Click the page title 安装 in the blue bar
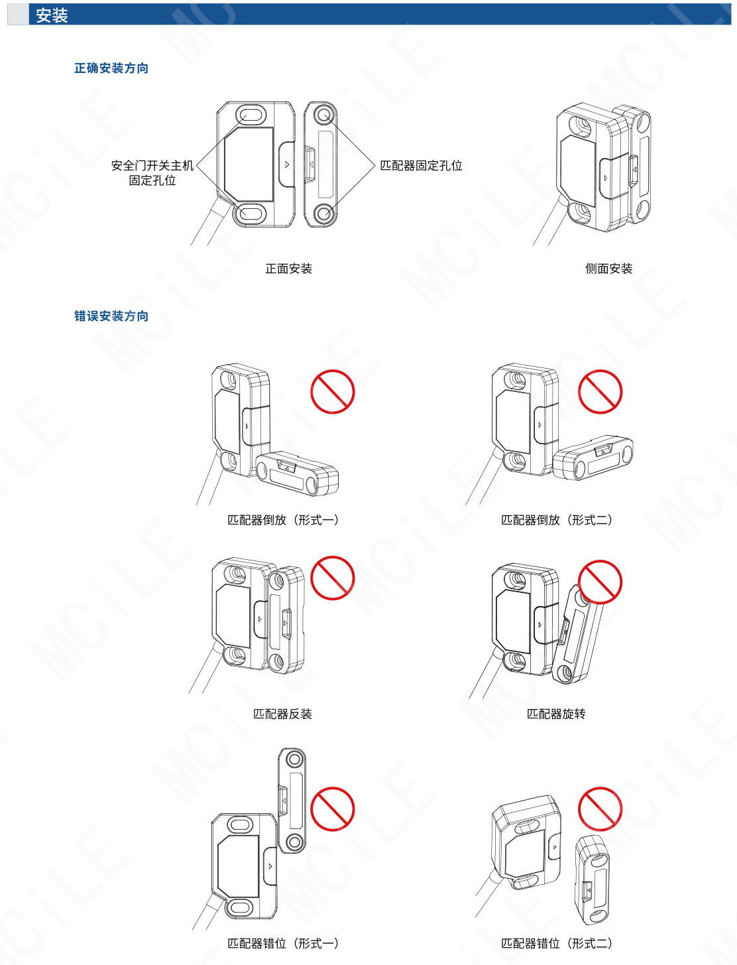(x=52, y=15)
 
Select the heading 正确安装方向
(x=111, y=68)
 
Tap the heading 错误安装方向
(x=111, y=316)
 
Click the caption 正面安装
(x=288, y=269)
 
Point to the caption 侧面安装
(x=608, y=269)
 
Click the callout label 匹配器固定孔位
(x=422, y=166)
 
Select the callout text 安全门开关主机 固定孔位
(x=152, y=173)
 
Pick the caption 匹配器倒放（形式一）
(x=283, y=520)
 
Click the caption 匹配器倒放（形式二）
(x=557, y=520)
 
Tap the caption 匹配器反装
(x=283, y=714)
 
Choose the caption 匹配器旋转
(x=557, y=714)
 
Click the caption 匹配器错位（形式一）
(x=283, y=943)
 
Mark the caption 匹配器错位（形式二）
(x=557, y=943)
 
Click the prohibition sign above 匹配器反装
(x=333, y=578)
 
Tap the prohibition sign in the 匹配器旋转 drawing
(x=600, y=582)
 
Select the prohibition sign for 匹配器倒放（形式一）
(x=333, y=392)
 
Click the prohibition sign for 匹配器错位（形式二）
(x=600, y=809)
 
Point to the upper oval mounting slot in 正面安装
(x=251, y=115)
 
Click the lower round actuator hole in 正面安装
(x=325, y=214)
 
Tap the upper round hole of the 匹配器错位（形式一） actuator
(x=294, y=759)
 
